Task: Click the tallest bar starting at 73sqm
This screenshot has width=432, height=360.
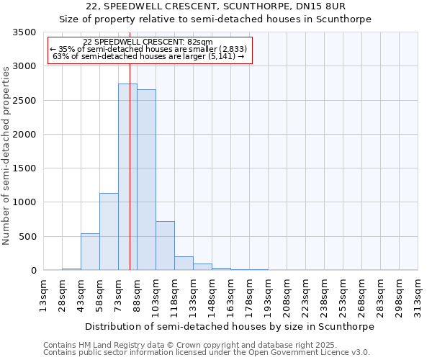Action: (x=127, y=177)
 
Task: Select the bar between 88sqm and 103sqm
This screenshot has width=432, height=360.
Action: (x=146, y=180)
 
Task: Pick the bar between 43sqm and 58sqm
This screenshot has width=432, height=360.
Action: (x=90, y=252)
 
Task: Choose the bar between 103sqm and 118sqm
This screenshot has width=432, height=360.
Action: (x=165, y=246)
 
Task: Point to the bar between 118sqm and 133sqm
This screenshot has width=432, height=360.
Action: (x=184, y=264)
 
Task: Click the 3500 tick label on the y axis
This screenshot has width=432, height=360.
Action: (x=24, y=32)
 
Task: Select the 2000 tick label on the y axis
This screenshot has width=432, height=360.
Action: (x=24, y=135)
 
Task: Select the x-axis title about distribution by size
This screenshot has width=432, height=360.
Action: (x=230, y=326)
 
